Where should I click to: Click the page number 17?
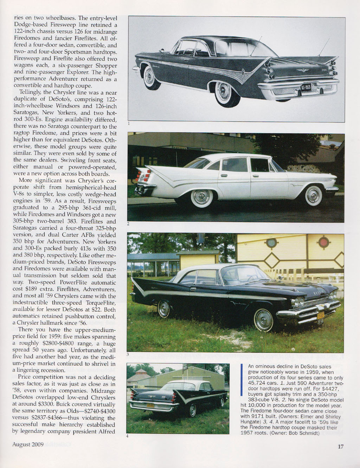[x=340, y=447]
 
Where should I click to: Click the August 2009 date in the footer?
[x=28, y=444]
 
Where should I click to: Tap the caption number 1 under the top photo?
[x=129, y=124]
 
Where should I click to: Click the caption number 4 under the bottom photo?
[x=127, y=436]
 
